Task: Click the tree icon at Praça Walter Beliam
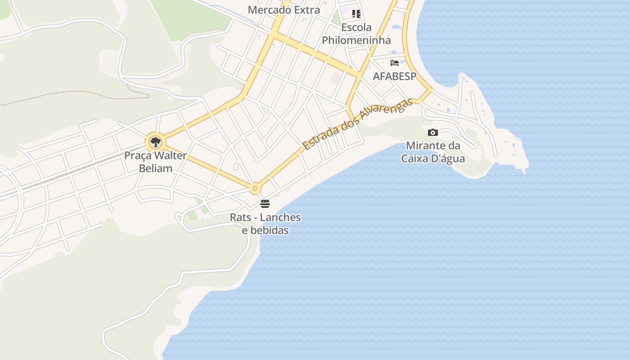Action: click(x=155, y=142)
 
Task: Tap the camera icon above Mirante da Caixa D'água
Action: click(x=433, y=132)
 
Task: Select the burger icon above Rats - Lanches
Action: click(x=265, y=204)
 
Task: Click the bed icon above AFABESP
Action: click(x=395, y=63)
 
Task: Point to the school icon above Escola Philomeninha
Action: click(x=356, y=13)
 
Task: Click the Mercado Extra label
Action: click(x=284, y=9)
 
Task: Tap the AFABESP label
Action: click(x=395, y=76)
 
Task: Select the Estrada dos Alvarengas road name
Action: click(x=358, y=125)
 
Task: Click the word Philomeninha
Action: click(x=356, y=40)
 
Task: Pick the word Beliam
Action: click(x=156, y=168)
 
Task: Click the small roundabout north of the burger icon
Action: click(x=255, y=188)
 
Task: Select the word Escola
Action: click(x=356, y=27)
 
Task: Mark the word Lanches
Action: click(x=280, y=217)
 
